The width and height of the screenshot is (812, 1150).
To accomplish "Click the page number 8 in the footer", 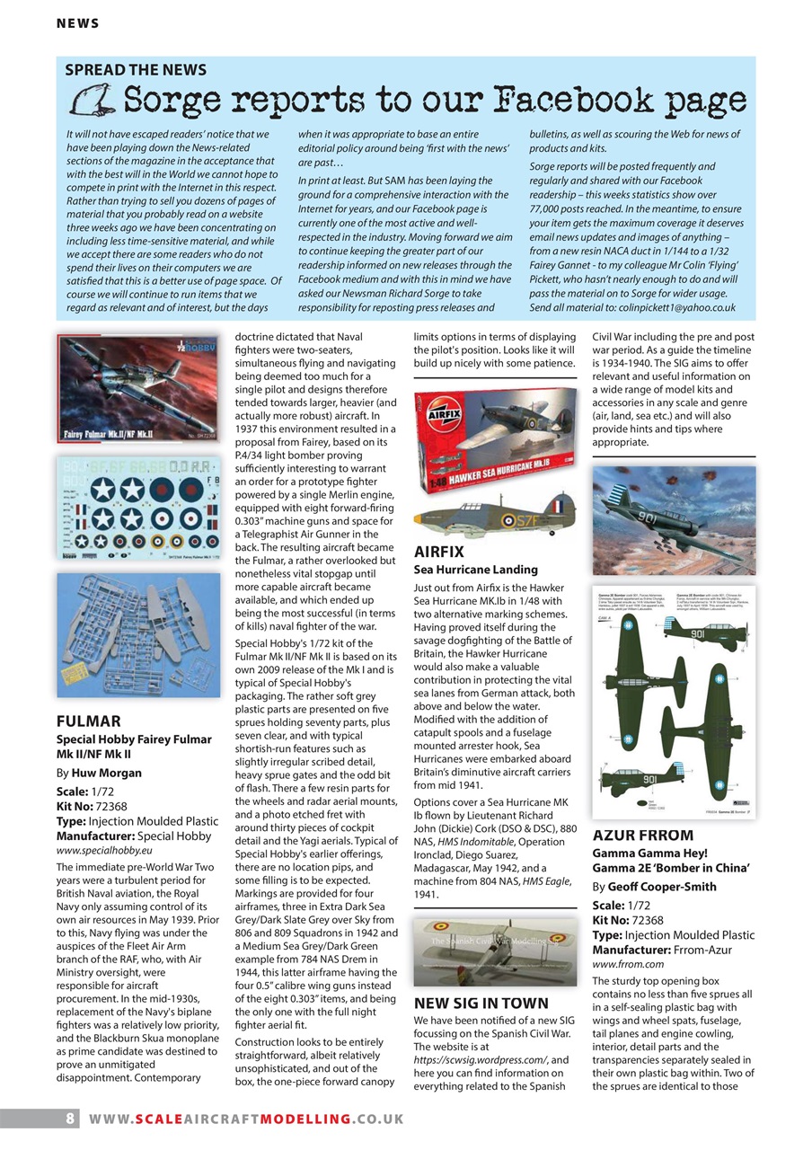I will (69, 1119).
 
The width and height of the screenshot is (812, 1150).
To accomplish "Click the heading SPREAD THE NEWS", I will (136, 70).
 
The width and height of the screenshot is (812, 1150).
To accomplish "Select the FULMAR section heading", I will (88, 721).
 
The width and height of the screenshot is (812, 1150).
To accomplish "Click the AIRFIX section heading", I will (438, 552).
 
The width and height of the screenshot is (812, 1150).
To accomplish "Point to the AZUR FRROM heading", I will (643, 835).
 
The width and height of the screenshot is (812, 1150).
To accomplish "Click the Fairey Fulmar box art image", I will (137, 389).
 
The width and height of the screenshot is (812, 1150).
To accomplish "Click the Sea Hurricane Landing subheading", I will (475, 570).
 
